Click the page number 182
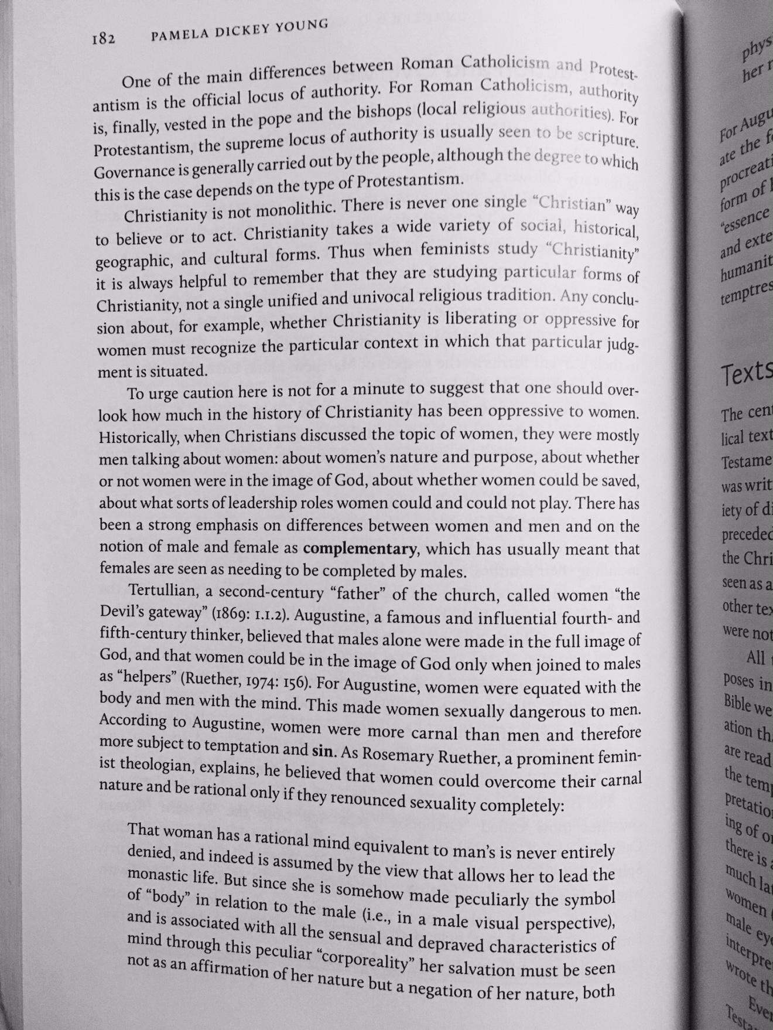(102, 39)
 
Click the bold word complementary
(360, 550)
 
